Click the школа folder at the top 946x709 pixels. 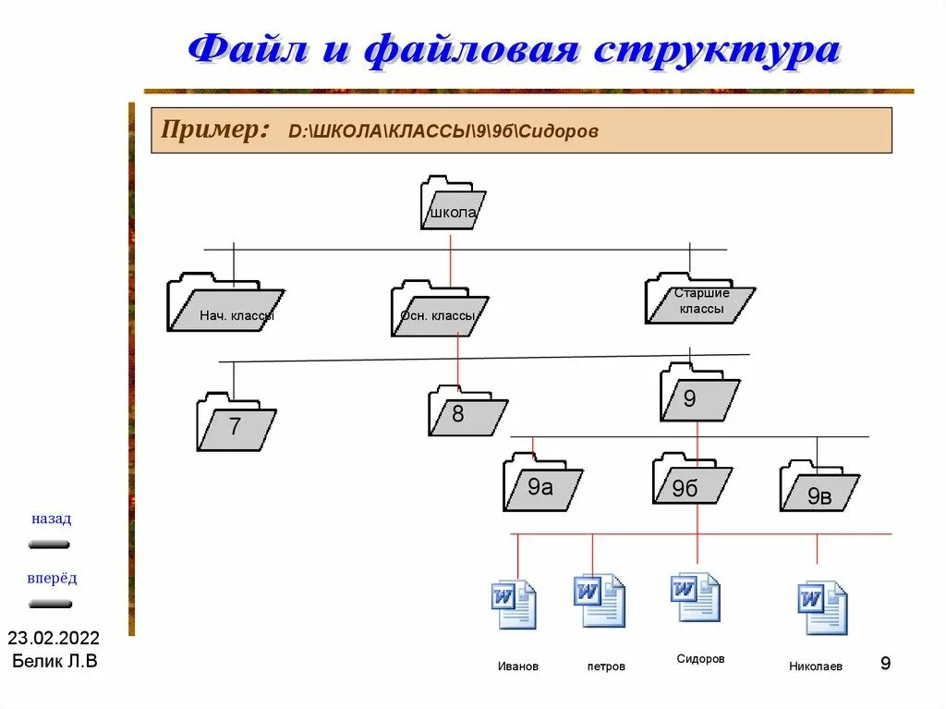pyautogui.click(x=452, y=203)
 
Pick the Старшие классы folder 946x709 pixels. pyautogui.click(x=699, y=299)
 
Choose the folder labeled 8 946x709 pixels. pyautogui.click(x=467, y=411)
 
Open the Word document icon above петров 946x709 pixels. pyautogui.click(x=599, y=601)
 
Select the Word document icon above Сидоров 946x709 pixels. pyautogui.click(x=696, y=597)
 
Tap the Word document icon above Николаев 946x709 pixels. pyautogui.click(x=822, y=606)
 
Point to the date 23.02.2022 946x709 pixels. pyautogui.click(x=54, y=639)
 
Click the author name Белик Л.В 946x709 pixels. pyautogui.click(x=54, y=661)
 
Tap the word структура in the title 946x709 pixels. pyautogui.click(x=717, y=50)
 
